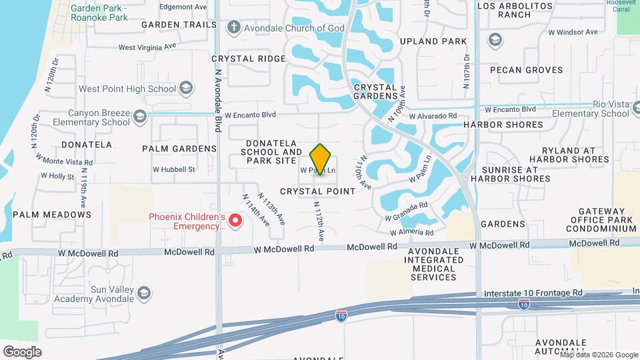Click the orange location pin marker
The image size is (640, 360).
coord(320,159)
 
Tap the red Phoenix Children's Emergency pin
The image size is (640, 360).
coord(235,220)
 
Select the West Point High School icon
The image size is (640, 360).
coord(186,89)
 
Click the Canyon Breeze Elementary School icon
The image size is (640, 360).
coord(139,117)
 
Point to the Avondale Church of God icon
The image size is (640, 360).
coord(233,28)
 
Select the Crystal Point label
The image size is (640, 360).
coord(317,191)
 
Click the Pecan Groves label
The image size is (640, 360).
coord(526,69)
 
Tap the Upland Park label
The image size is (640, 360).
coord(433,41)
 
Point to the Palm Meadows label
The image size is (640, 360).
coord(52,215)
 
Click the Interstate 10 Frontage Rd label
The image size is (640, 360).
coord(530,293)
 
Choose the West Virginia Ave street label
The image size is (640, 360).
coord(147,47)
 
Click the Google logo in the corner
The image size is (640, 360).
coord(22,351)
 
